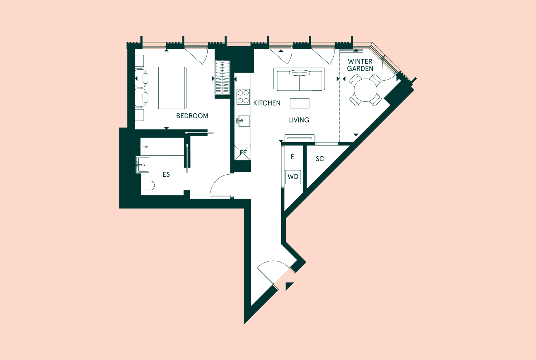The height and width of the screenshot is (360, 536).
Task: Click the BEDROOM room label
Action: point(192,116)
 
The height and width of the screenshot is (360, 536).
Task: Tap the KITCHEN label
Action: point(267,103)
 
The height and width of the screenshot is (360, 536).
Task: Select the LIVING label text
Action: point(298,120)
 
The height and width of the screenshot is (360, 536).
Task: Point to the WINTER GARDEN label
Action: point(360,65)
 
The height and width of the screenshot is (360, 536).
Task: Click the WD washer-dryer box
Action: point(293,177)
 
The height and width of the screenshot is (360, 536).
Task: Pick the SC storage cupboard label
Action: point(320,159)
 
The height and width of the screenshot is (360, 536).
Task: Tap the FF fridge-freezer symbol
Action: point(243,152)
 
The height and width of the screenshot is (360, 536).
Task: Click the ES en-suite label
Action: point(166,175)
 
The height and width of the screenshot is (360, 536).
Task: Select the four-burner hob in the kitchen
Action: point(243,97)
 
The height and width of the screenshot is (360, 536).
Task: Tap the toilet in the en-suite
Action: point(148,185)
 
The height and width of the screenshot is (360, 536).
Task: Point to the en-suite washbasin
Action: point(142,165)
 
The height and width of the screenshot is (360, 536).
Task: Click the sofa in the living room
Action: point(299,79)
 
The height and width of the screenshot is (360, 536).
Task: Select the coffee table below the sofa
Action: point(299,103)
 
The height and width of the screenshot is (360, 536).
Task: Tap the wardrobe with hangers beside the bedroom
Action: point(223,77)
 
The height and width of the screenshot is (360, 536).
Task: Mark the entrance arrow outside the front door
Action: point(289,286)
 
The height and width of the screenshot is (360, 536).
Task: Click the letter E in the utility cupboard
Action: point(292,157)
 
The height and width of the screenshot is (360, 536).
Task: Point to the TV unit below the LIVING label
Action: point(299,138)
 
